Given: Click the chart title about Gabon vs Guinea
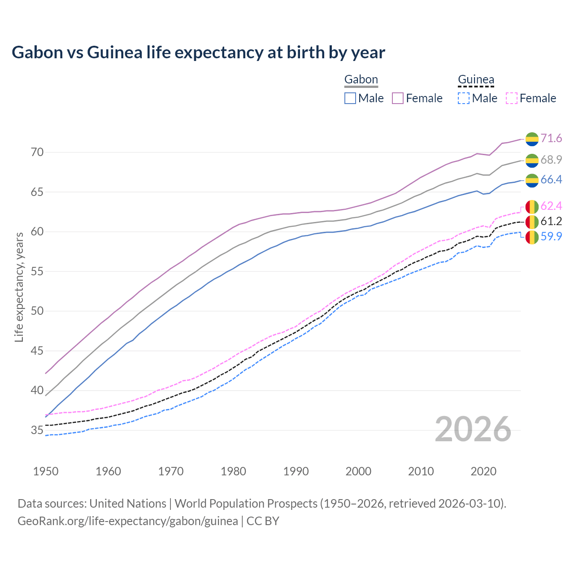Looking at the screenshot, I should click(x=198, y=52).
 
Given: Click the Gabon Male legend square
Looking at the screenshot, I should click(x=350, y=98).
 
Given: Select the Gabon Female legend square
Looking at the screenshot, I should click(x=398, y=98).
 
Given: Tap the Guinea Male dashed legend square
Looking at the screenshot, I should click(x=464, y=98).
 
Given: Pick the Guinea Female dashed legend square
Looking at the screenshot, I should click(x=512, y=98).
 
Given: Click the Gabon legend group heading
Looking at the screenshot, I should click(x=361, y=80).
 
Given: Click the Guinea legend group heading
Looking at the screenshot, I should click(x=476, y=80).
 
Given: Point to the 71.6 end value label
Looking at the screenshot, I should click(x=551, y=139).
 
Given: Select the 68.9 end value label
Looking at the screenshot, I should click(x=551, y=160).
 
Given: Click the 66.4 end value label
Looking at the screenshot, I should click(x=551, y=180).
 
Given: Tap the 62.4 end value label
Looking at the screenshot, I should click(x=551, y=206).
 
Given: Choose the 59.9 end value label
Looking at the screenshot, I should click(x=551, y=237).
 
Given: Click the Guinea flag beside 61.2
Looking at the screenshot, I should click(x=532, y=222).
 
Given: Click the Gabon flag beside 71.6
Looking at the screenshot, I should click(x=532, y=139).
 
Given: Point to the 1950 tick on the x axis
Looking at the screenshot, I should click(x=46, y=471).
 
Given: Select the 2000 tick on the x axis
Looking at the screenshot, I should click(x=358, y=471).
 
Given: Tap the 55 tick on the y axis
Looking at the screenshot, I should click(x=37, y=271).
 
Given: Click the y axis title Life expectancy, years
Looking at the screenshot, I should click(x=19, y=287).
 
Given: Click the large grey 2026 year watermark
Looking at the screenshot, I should click(x=473, y=429).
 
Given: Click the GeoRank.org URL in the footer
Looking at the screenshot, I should click(x=128, y=521).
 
